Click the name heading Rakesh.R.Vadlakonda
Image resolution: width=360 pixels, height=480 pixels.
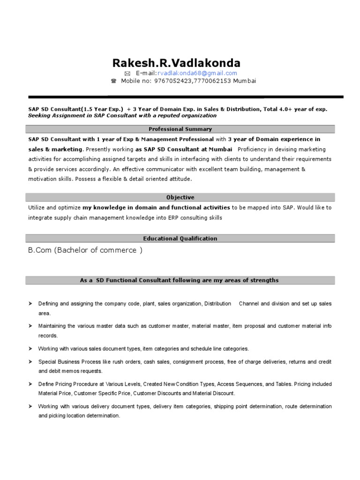pyautogui.click(x=176, y=63)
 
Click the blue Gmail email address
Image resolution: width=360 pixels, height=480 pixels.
pyautogui.click(x=197, y=73)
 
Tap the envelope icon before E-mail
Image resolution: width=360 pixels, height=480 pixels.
pyautogui.click(x=127, y=74)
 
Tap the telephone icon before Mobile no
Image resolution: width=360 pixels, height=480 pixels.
pyautogui.click(x=113, y=81)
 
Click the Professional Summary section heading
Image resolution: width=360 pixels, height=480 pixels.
pyautogui.click(x=180, y=129)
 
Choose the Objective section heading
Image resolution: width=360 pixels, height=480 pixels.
pyautogui.click(x=180, y=197)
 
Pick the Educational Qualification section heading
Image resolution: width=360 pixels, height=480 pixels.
pyautogui.click(x=180, y=239)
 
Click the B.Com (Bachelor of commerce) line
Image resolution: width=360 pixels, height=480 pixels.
pyautogui.click(x=85, y=250)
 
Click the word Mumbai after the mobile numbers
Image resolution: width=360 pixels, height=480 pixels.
pyautogui.click(x=245, y=81)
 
